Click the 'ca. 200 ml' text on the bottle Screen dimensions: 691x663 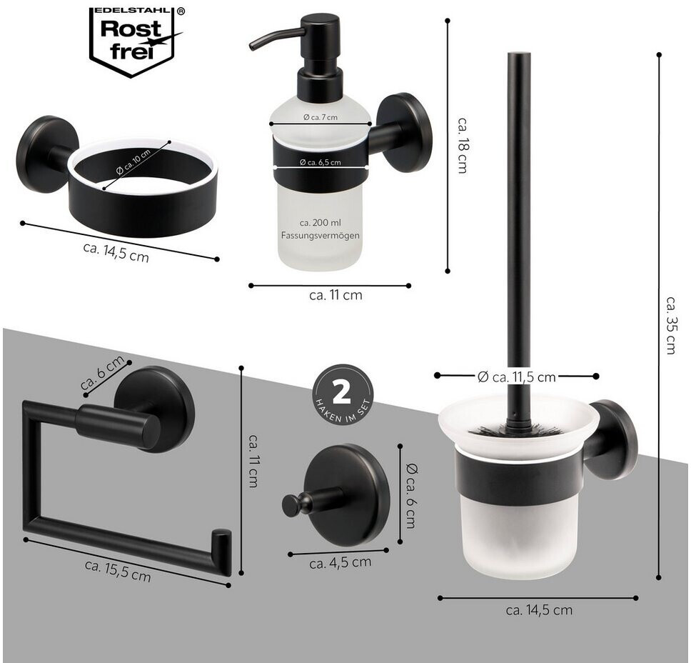pos(320,223)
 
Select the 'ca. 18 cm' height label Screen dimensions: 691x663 pos(462,145)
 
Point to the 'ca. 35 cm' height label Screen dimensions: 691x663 pos(671,325)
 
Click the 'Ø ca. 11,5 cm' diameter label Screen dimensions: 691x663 pos(517,377)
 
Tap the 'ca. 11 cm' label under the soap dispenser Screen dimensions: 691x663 pos(336,295)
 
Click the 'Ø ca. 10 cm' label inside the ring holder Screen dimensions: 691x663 pos(133,162)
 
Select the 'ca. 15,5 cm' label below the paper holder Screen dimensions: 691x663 pos(118,571)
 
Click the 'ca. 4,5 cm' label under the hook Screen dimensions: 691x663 pos(341,563)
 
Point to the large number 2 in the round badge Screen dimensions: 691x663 pos(341,392)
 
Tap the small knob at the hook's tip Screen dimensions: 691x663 pos(291,506)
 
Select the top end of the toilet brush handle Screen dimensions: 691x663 pos(519,54)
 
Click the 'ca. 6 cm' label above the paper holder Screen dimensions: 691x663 pos(103,372)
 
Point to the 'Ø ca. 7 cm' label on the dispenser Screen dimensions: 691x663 pos(321,117)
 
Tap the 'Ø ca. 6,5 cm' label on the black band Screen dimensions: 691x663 pos(321,162)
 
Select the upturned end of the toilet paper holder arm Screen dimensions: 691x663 pos(222,552)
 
